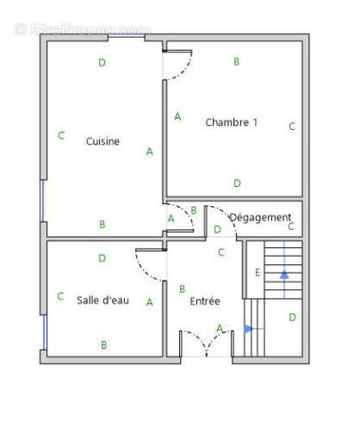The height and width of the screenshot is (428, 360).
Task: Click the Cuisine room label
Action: pyautogui.click(x=102, y=141)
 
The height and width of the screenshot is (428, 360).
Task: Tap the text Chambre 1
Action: pyautogui.click(x=231, y=122)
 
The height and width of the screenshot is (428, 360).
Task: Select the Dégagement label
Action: pyautogui.click(x=260, y=217)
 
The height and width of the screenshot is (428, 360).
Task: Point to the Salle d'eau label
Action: pyautogui.click(x=102, y=300)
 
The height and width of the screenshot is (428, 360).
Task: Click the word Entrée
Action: pyautogui.click(x=205, y=301)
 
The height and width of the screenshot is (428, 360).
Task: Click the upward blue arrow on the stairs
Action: pyautogui.click(x=284, y=275)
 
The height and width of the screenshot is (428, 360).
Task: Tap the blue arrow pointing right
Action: pyautogui.click(x=249, y=328)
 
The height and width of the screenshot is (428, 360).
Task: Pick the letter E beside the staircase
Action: pyautogui.click(x=258, y=273)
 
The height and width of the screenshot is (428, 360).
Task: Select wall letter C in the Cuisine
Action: pyautogui.click(x=60, y=135)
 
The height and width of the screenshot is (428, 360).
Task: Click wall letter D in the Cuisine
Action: pyautogui.click(x=102, y=62)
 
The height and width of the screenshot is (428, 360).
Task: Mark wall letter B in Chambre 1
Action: pyautogui.click(x=236, y=61)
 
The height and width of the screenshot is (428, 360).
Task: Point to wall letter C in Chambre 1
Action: pyautogui.click(x=292, y=127)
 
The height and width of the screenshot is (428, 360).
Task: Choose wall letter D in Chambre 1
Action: pyautogui.click(x=237, y=183)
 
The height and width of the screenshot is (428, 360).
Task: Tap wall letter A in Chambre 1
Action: pyautogui.click(x=177, y=116)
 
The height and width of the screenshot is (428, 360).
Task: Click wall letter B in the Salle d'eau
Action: pyautogui.click(x=103, y=344)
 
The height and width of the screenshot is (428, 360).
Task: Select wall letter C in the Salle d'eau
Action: pyautogui.click(x=60, y=296)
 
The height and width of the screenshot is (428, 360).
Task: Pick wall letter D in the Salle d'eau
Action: pyautogui.click(x=102, y=257)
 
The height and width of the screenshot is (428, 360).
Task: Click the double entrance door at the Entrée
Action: pyautogui.click(x=207, y=344)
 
